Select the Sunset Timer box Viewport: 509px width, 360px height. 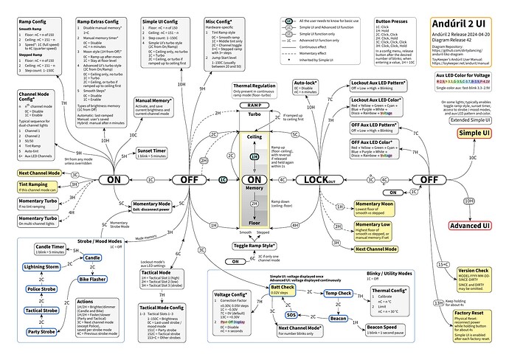(x=151, y=153)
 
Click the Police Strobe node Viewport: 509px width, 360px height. (x=41, y=288)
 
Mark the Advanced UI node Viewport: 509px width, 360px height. (x=471, y=225)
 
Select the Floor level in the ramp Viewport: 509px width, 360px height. (x=253, y=221)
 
